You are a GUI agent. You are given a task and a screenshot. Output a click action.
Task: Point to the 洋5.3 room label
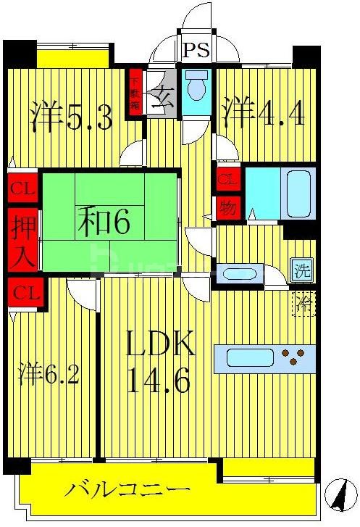[71, 117]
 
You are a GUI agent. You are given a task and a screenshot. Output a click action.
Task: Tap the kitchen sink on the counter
[249, 358]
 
